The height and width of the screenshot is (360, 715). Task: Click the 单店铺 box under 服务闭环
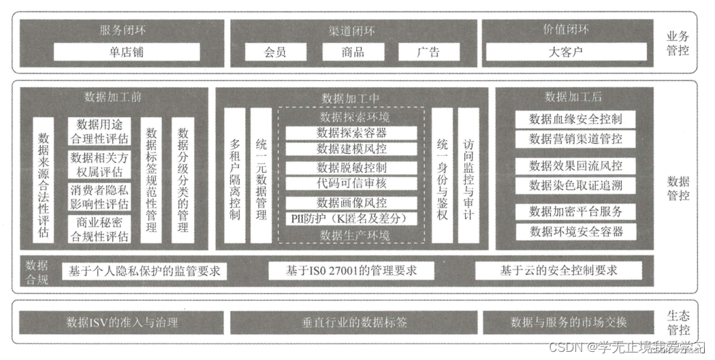coord(127,52)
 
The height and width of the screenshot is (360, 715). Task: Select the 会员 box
coord(275,52)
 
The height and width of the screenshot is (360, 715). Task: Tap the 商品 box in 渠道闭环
coord(353,52)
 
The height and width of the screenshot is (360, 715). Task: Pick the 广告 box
coord(428,52)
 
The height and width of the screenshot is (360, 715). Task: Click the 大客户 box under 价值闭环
coord(565,52)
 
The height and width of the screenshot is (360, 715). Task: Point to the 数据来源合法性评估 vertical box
coord(44,180)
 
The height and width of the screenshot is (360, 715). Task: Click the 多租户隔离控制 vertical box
coord(235,180)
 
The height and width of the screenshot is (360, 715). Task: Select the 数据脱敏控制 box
coord(351,167)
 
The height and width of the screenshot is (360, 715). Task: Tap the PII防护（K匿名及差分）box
coord(351,218)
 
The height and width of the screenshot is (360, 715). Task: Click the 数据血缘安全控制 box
coord(575,119)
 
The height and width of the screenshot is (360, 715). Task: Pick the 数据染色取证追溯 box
coord(575,185)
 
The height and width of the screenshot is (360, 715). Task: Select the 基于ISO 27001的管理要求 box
coord(351,271)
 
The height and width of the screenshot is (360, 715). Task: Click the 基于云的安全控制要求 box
coord(558,271)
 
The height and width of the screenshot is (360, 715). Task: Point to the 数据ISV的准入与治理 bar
coord(122,323)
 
